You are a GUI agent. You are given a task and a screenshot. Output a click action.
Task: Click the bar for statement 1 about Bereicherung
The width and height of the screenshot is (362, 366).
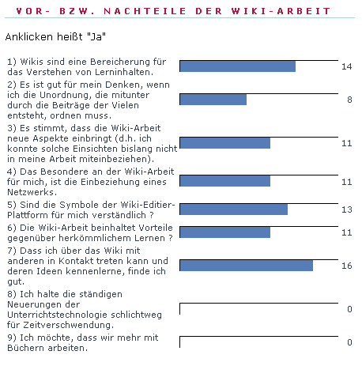point(237,66)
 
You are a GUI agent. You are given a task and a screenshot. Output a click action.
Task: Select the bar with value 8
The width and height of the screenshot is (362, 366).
point(213,100)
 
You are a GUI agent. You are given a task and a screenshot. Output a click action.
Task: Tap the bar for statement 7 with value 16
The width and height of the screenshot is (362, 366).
point(246,266)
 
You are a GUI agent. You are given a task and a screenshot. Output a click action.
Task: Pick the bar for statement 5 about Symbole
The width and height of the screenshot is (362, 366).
point(233,209)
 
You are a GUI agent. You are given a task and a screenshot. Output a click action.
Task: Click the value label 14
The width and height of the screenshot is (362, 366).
point(346,66)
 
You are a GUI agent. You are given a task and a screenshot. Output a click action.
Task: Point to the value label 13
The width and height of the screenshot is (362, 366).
point(346,209)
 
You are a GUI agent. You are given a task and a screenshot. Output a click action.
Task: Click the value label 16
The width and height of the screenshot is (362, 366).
point(346,266)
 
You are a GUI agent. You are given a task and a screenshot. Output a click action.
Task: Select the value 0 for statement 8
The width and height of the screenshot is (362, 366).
point(349,309)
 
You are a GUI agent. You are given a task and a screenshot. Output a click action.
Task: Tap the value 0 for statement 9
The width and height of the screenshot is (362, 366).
point(349,342)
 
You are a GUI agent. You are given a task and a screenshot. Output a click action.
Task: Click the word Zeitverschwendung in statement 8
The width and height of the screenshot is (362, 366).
point(62,324)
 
